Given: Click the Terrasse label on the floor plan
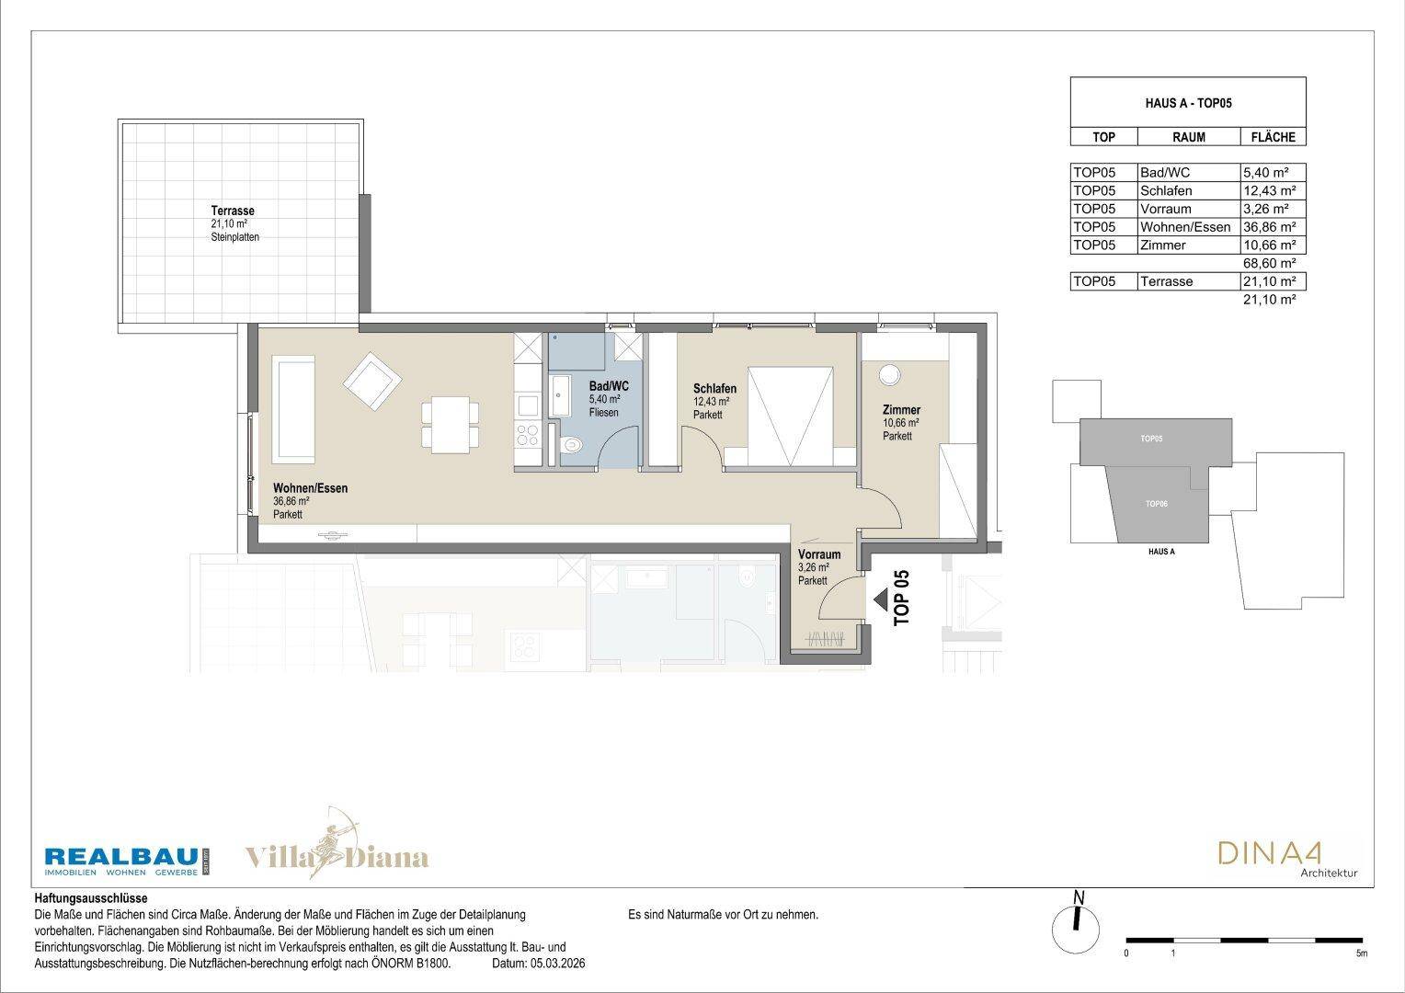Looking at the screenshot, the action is [x=233, y=211].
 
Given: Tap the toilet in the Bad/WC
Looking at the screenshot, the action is [x=571, y=445].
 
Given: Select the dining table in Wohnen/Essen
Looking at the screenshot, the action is [x=451, y=425].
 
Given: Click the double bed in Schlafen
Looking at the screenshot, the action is [x=791, y=417].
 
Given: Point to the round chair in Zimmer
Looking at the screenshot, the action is [x=889, y=375].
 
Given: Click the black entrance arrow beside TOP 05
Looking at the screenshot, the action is [x=881, y=599].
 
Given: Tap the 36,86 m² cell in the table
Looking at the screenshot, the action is [x=1270, y=227].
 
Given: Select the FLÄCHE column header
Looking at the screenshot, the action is [x=1274, y=137].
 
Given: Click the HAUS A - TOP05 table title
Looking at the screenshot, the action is [x=1188, y=103].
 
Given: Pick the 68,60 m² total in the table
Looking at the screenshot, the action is [x=1270, y=263].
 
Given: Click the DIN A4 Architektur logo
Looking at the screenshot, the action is [x=1287, y=860].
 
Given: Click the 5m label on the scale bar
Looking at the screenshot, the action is [x=1361, y=953].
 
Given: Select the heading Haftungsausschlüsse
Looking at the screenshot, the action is [x=91, y=898].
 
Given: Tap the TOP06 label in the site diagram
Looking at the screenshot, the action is [x=1156, y=504].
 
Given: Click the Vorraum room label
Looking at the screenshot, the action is [x=819, y=554].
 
